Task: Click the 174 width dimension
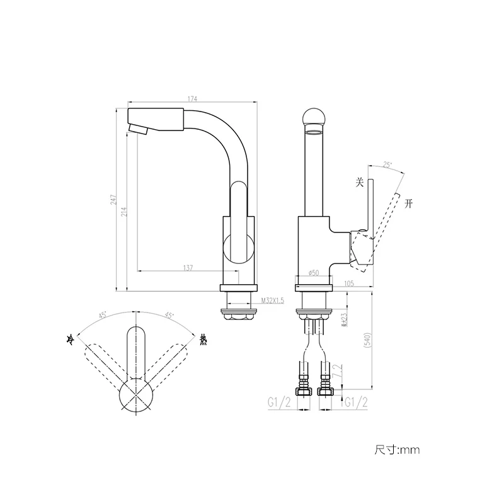tap(192, 99)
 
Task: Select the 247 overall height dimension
tap(113, 200)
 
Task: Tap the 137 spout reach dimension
tap(188, 268)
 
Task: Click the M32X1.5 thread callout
tap(272, 301)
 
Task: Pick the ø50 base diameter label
tap(313, 273)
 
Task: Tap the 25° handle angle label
tap(387, 165)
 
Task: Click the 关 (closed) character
tap(360, 183)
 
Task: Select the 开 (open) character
tap(409, 203)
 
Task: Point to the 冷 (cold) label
tap(71, 340)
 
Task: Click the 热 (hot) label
tap(203, 340)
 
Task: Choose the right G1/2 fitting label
tap(356, 403)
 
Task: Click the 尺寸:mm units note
tap(397, 450)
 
